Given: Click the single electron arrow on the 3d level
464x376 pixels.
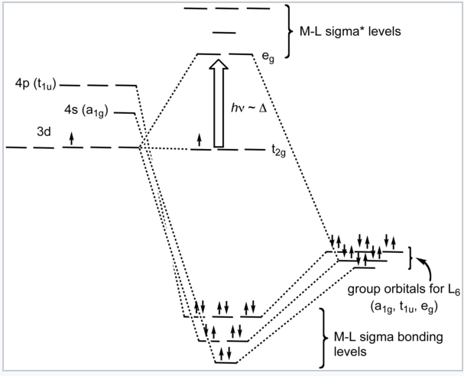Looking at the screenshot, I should (x=72, y=138).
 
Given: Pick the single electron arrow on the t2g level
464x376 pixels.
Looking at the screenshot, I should (x=200, y=140).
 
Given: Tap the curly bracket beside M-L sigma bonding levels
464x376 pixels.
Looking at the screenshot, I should (x=324, y=336).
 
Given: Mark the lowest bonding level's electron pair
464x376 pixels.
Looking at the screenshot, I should (x=225, y=353).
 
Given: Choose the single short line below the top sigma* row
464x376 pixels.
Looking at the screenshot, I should (x=222, y=31).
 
